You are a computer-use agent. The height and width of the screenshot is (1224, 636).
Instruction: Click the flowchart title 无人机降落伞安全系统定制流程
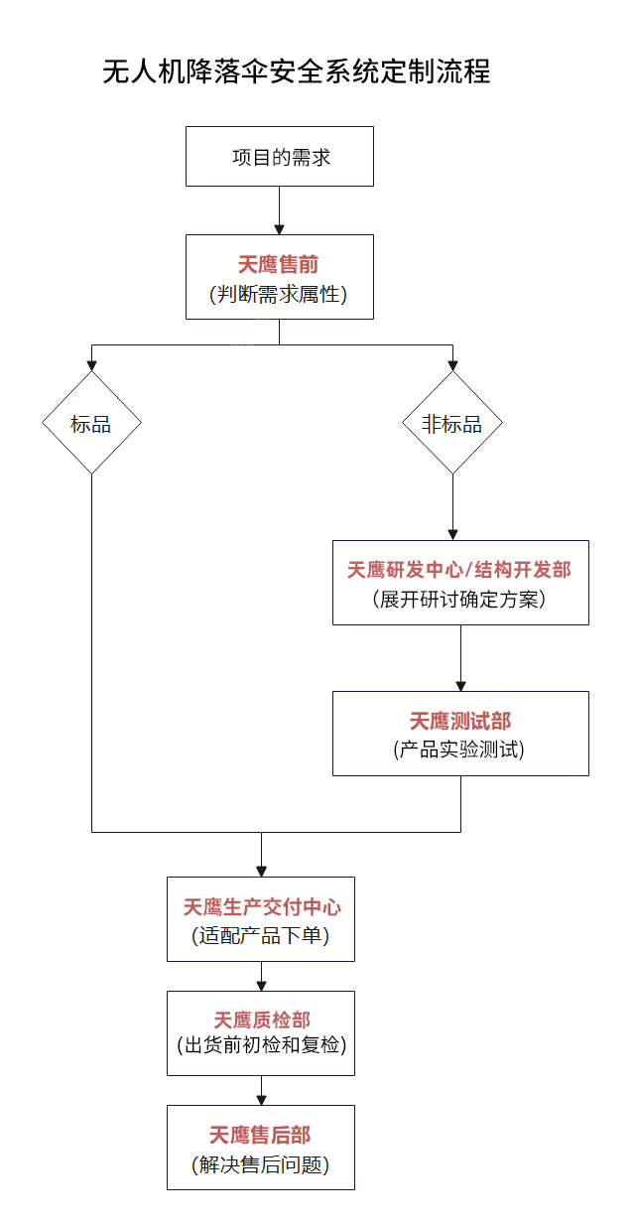(x=297, y=72)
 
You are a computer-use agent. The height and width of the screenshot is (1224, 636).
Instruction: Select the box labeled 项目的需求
(x=280, y=157)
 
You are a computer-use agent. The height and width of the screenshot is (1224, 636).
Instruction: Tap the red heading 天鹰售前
(x=279, y=264)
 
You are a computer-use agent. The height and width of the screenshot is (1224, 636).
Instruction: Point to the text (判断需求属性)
(x=279, y=294)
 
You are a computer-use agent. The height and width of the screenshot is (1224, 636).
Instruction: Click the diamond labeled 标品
(x=91, y=424)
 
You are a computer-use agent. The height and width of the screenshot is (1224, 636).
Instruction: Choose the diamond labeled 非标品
(x=452, y=424)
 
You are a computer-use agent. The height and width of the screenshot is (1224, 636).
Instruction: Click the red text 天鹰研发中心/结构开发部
(x=459, y=570)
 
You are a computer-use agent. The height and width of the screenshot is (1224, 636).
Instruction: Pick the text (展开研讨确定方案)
(x=459, y=600)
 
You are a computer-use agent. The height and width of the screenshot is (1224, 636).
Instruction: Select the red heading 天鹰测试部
(x=460, y=721)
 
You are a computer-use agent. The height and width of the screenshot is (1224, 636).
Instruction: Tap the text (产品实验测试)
(x=460, y=750)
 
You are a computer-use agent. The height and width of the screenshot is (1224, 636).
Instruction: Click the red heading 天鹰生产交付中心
(x=262, y=907)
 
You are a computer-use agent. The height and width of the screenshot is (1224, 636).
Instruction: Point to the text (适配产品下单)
(x=261, y=936)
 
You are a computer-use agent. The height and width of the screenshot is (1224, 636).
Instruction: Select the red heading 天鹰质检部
(x=262, y=1020)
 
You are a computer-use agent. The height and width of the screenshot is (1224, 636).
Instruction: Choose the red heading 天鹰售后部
(x=261, y=1135)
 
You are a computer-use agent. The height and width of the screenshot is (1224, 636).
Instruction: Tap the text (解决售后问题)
(x=261, y=1164)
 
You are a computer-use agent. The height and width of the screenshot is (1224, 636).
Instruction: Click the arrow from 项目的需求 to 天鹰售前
(x=280, y=210)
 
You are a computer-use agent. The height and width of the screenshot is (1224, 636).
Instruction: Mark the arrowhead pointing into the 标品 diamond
(x=91, y=364)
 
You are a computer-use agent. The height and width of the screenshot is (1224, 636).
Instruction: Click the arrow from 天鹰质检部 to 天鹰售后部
(x=261, y=1090)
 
